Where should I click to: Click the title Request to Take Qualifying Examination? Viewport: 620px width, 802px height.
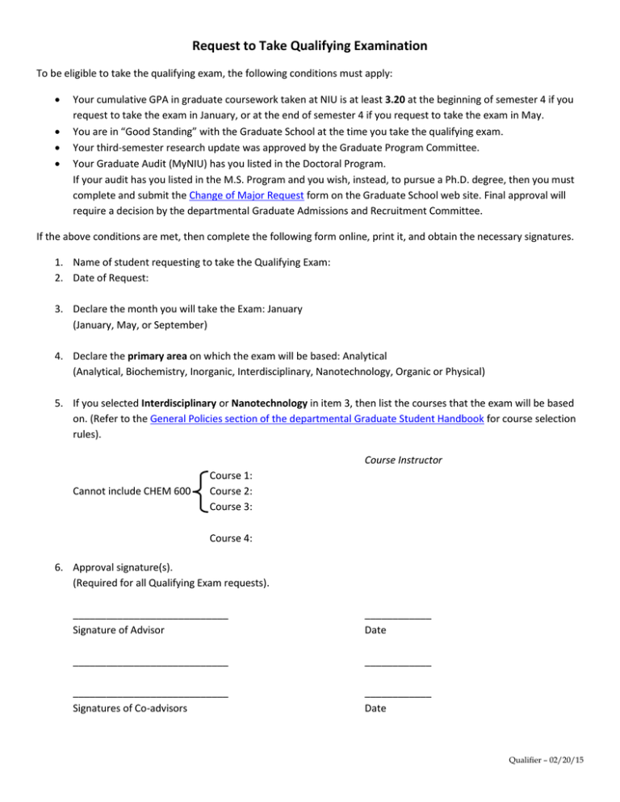click(x=310, y=46)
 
